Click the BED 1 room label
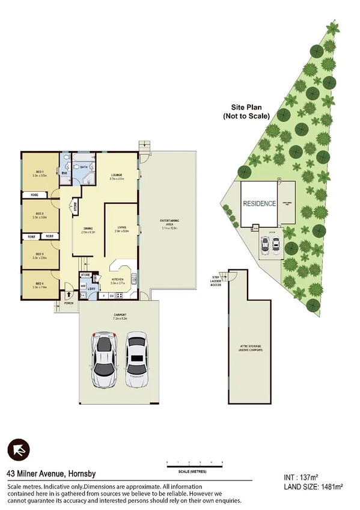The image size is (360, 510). tap(41, 173)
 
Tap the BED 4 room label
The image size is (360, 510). tap(40, 284)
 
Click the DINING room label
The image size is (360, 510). tap(87, 227)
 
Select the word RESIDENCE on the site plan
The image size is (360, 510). tap(259, 204)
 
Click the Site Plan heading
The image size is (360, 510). tap(245, 111)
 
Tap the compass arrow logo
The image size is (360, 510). tap(18, 449)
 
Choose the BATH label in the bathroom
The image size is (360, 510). tap(85, 167)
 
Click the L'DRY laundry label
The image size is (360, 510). tap(92, 288)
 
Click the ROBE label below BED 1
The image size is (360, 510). tap(35, 195)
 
